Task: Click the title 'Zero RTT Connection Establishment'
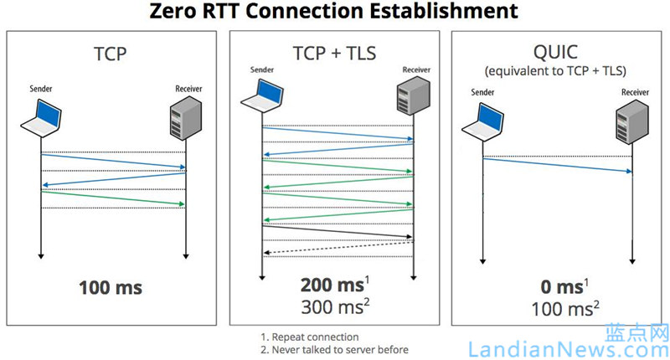coord(334,12)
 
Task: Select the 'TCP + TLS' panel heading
coord(334,51)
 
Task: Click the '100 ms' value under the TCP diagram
coord(111,288)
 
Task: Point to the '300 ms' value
coord(331,307)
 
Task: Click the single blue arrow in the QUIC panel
coord(557,165)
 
